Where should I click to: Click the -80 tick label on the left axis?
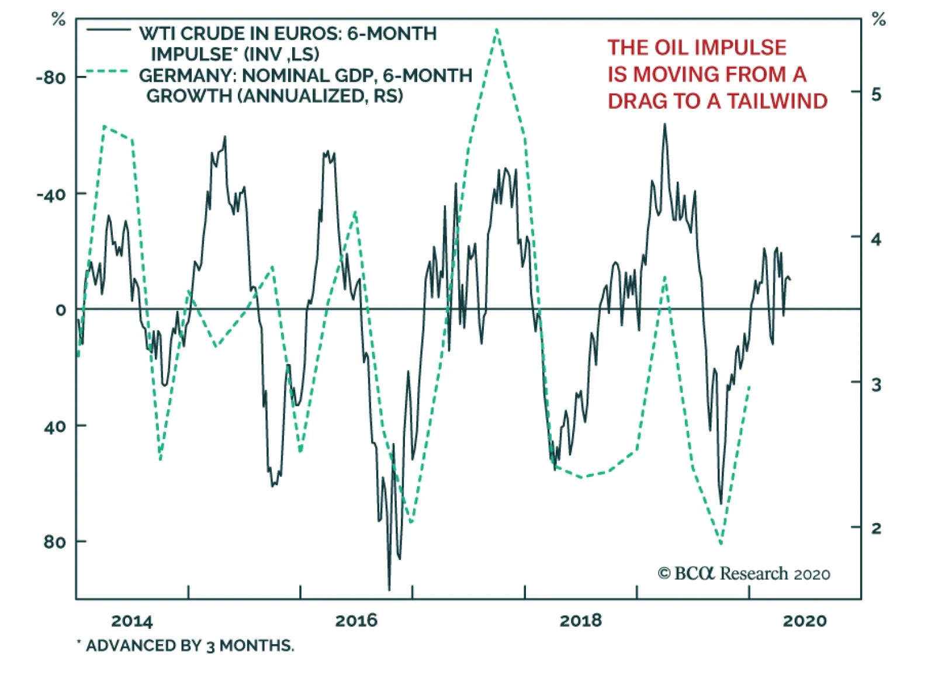tap(51, 78)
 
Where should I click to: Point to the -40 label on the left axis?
tap(51, 194)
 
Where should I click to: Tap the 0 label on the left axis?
tap(61, 310)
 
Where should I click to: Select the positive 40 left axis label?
tap(55, 426)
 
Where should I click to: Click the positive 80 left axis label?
tap(55, 542)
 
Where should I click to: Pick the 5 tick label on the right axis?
tap(876, 94)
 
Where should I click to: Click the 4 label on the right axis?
tap(876, 238)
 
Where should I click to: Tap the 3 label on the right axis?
tap(876, 384)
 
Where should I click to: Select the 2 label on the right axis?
tap(876, 528)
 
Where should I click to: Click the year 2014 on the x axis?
tap(132, 621)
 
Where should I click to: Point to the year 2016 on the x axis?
tap(356, 620)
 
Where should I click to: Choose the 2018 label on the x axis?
tap(580, 620)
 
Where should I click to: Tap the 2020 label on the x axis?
tap(805, 620)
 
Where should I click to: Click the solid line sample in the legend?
tap(108, 30)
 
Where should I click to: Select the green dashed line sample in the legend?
tap(107, 72)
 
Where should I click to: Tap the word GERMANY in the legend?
tap(186, 75)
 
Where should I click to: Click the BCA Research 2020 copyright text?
tap(744, 573)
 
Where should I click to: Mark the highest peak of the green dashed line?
tap(497, 29)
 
